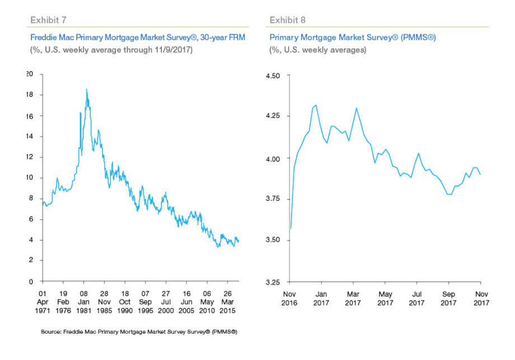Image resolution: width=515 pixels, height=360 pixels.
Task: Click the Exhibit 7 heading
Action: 49,20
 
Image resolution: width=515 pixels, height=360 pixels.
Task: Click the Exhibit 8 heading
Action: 288,20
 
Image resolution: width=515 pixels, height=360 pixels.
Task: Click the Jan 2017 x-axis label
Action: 321,298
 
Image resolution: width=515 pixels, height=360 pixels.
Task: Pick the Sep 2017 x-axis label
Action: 448,298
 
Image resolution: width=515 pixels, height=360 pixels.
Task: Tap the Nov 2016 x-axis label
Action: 289,298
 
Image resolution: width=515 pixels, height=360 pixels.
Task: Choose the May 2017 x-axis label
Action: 385,298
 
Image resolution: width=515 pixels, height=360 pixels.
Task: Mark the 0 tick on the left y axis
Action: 32,282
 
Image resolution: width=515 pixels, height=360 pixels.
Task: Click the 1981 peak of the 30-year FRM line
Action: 86,89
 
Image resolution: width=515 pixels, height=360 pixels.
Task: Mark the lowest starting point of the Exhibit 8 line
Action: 291,228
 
